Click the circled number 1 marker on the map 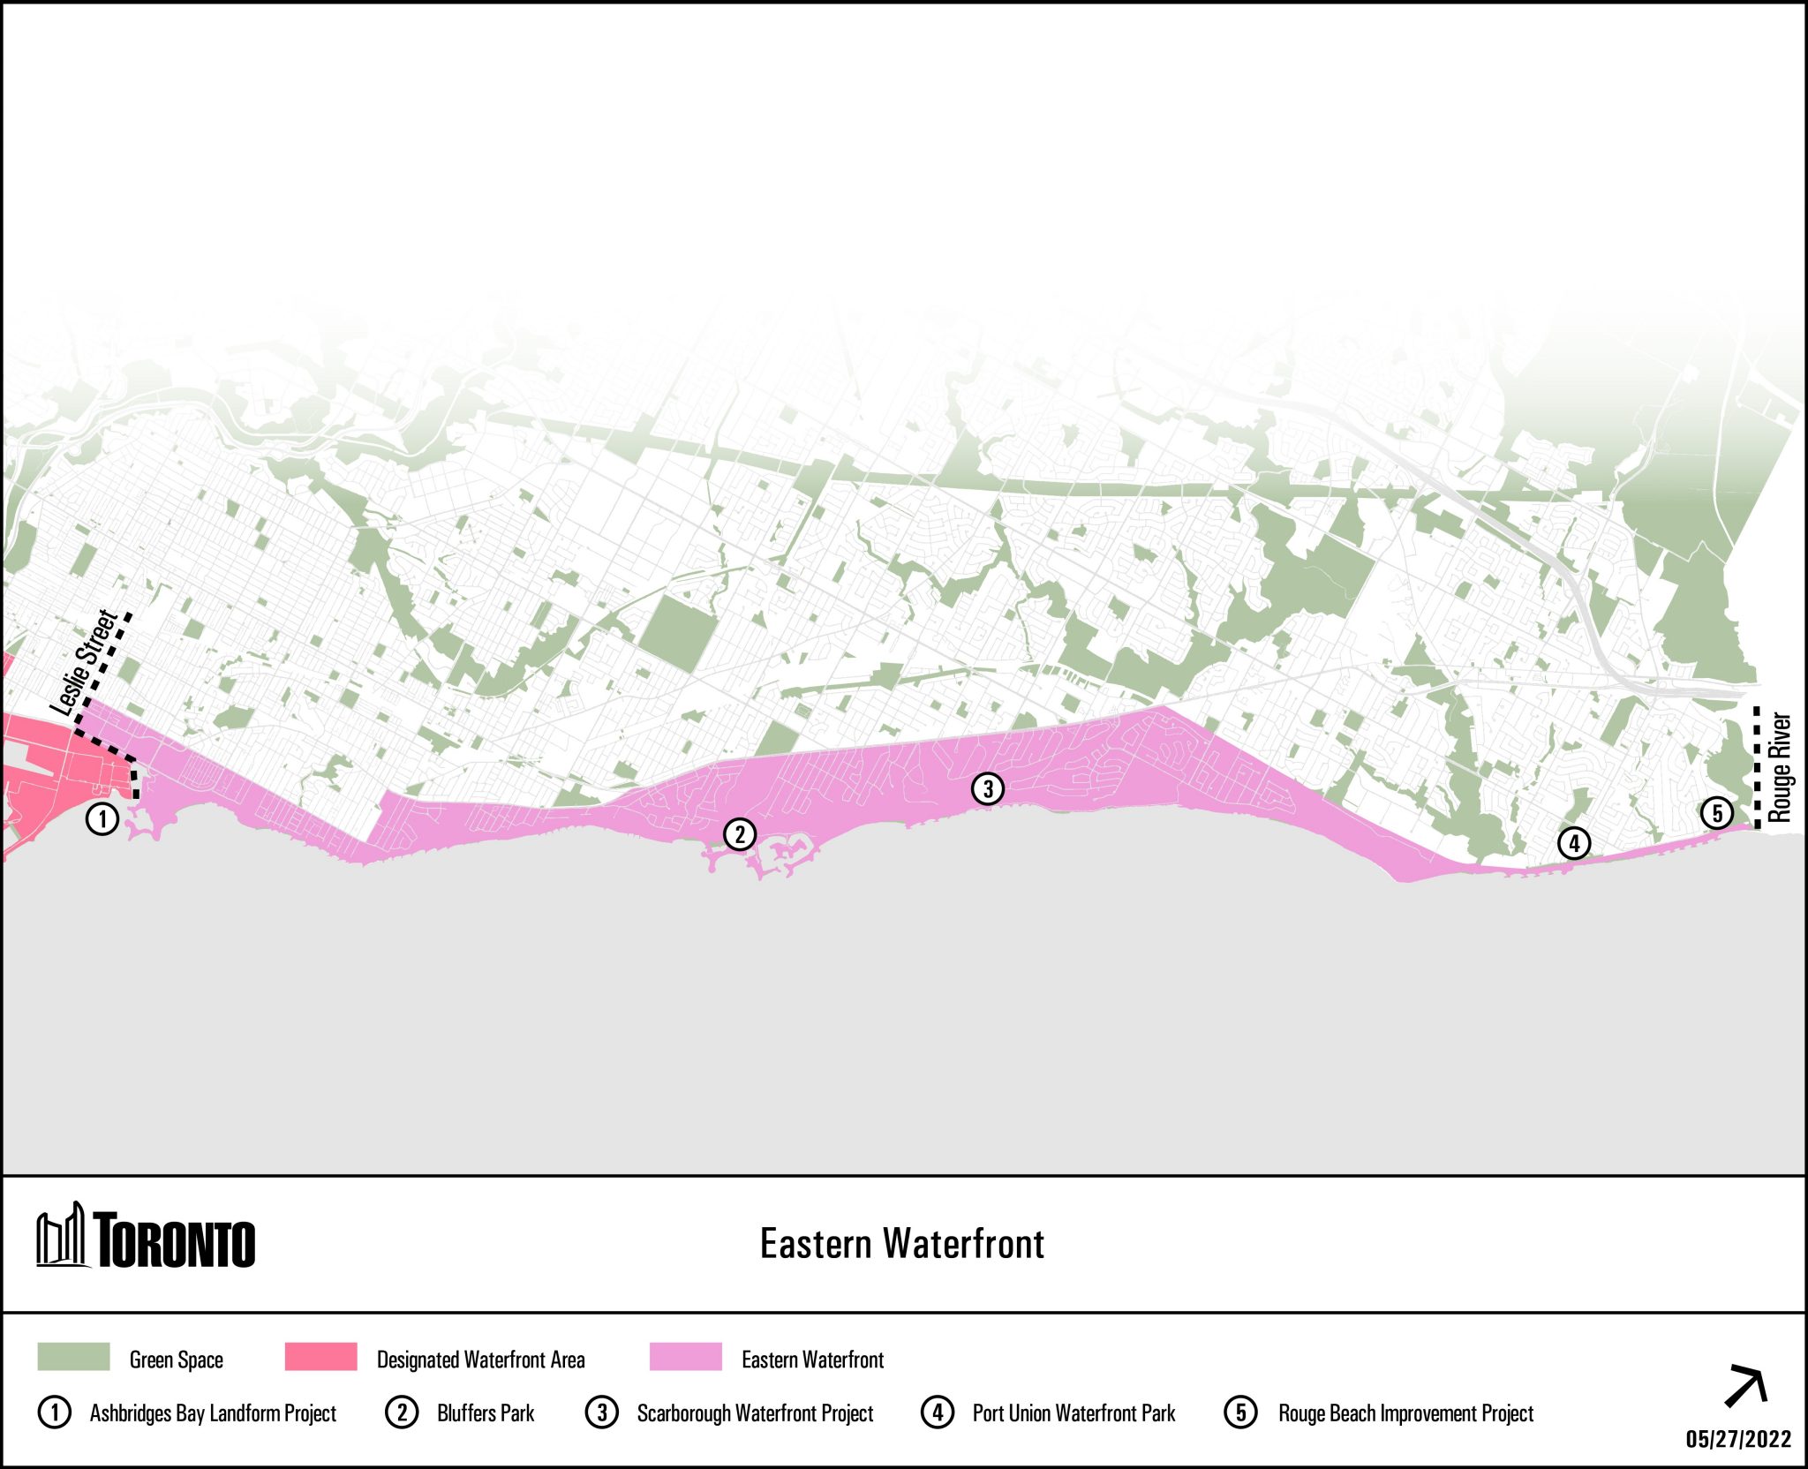102,818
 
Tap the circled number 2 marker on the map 740,833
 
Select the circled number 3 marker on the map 988,788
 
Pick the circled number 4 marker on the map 1574,843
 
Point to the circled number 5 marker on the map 1717,813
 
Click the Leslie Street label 84,662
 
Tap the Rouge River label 1780,767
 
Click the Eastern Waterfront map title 902,1244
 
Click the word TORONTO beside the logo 175,1241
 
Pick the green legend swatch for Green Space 73,1357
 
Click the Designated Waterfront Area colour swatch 321,1357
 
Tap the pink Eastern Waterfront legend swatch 685,1357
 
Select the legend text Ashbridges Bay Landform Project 213,1413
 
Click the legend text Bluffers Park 486,1413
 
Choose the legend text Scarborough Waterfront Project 755,1413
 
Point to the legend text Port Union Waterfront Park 1073,1413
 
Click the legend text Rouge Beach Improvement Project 1405,1413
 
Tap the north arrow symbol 1745,1386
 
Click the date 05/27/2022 1738,1439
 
